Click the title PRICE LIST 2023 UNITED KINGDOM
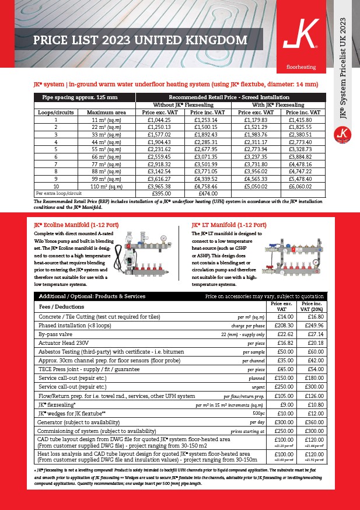click(140, 41)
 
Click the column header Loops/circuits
click(55, 112)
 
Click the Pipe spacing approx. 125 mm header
click(85, 97)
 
